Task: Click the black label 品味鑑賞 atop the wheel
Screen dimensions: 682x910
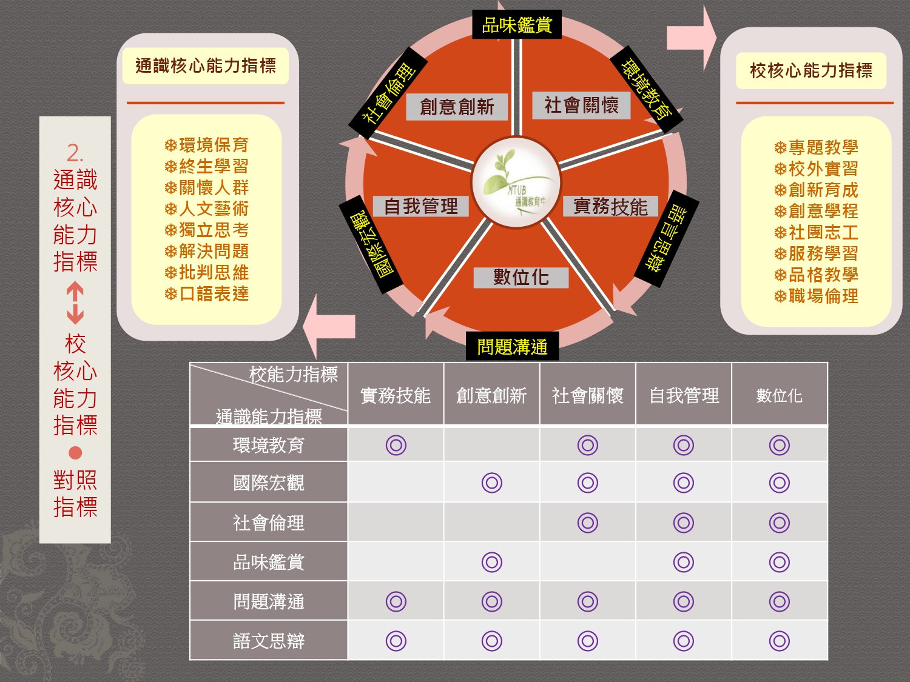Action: [516, 25]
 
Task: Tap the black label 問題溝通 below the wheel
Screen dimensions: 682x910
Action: [512, 347]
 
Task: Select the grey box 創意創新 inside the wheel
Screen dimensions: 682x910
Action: [457, 107]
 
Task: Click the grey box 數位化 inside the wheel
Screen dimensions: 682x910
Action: [521, 277]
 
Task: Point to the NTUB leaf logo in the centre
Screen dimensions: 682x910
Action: [516, 182]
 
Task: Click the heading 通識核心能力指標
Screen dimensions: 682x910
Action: [206, 65]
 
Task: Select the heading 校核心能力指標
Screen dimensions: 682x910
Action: [811, 71]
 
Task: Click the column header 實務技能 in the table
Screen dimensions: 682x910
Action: [396, 396]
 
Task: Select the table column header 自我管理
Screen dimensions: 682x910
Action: [684, 396]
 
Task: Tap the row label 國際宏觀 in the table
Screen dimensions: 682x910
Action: [269, 483]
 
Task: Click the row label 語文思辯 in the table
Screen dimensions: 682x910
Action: [269, 641]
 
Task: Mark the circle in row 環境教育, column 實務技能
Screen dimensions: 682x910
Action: [396, 445]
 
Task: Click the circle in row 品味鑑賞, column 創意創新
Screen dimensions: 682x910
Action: [492, 562]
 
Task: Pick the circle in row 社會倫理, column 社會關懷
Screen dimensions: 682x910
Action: [588, 523]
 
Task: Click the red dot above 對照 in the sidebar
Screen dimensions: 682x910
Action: [75, 453]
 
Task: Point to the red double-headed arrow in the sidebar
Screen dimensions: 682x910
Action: [75, 303]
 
